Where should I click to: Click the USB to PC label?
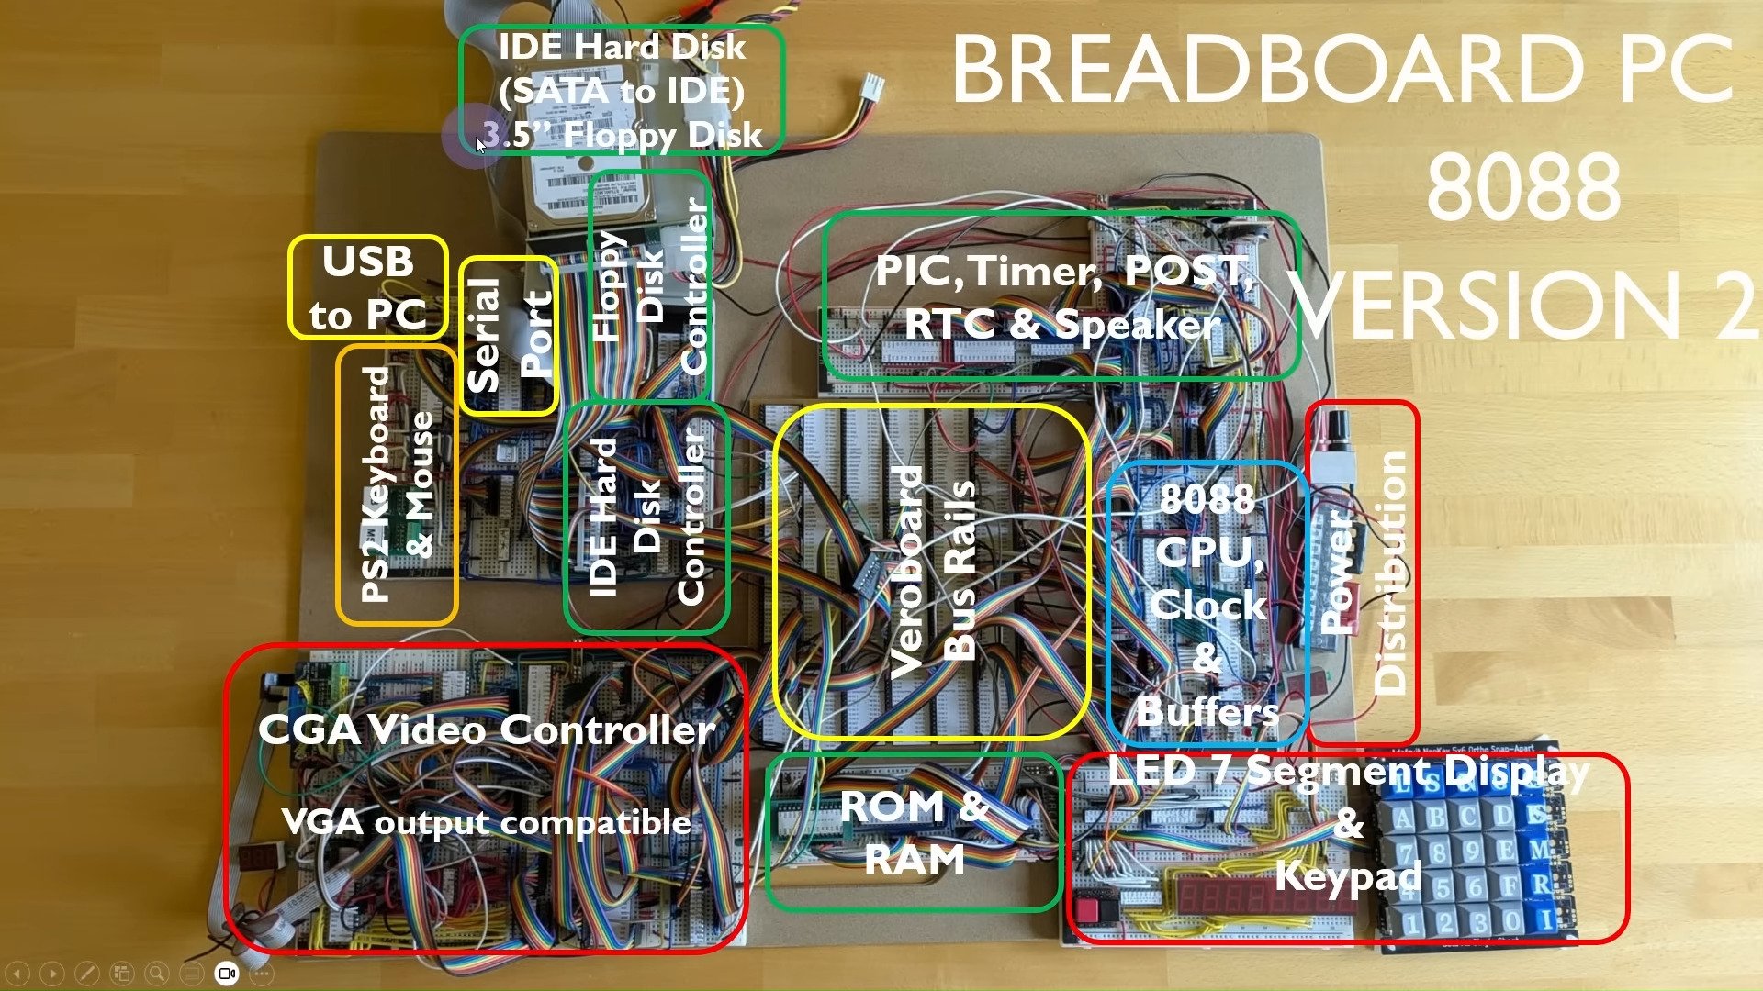pos(368,288)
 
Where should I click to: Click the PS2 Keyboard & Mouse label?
pos(397,484)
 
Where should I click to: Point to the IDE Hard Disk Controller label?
pos(646,517)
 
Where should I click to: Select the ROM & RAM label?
pos(914,832)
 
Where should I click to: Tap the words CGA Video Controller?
pos(487,730)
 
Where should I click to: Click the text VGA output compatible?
pos(487,821)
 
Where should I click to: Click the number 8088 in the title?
pos(1523,187)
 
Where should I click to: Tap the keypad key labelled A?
pos(1403,818)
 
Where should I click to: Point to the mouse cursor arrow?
pos(480,145)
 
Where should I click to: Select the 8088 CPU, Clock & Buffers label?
pos(1207,605)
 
